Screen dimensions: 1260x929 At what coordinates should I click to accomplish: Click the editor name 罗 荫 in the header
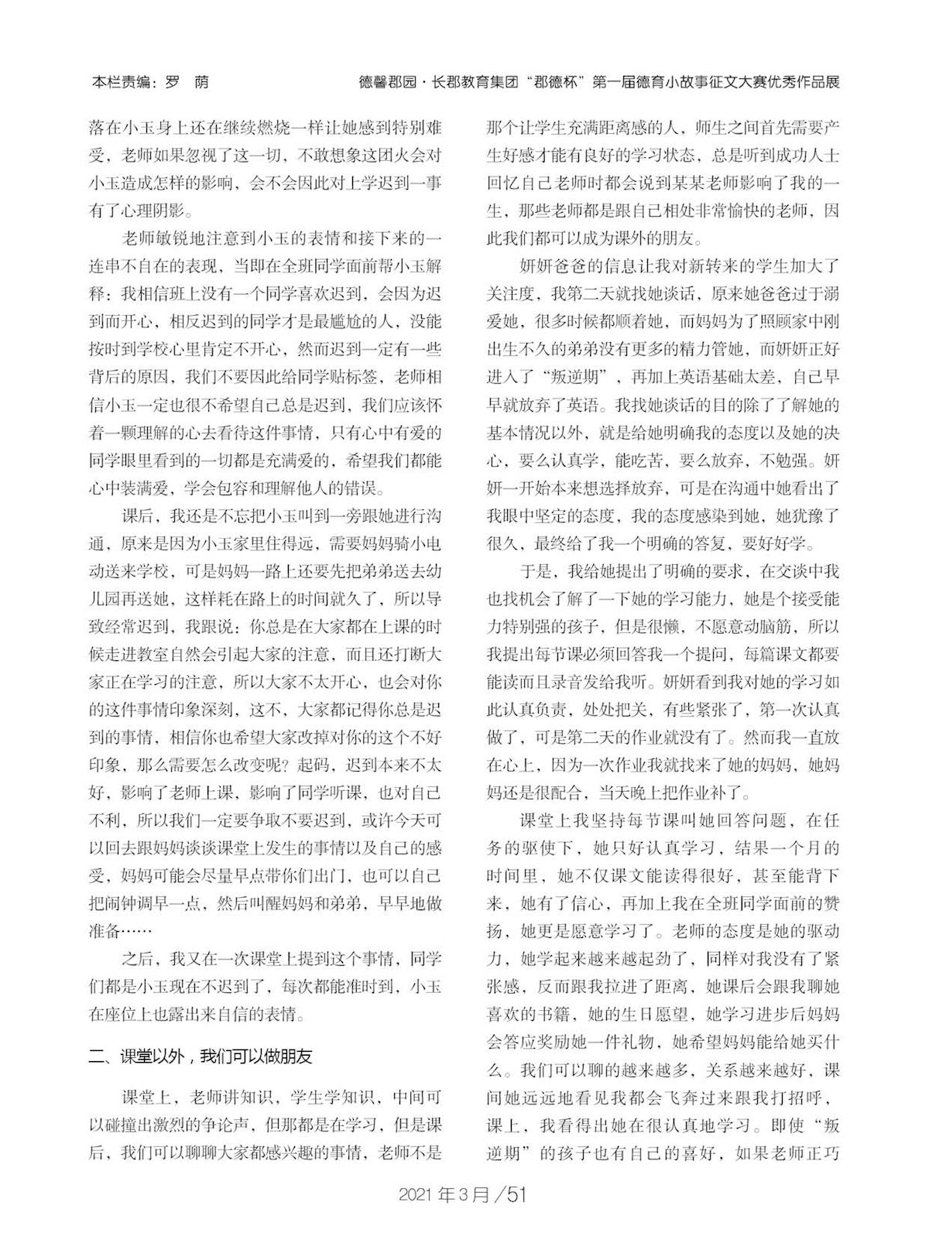[187, 82]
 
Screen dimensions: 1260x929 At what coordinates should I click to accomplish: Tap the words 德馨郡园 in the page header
[388, 82]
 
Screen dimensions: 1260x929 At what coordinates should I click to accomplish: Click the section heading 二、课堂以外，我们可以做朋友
[201, 1056]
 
